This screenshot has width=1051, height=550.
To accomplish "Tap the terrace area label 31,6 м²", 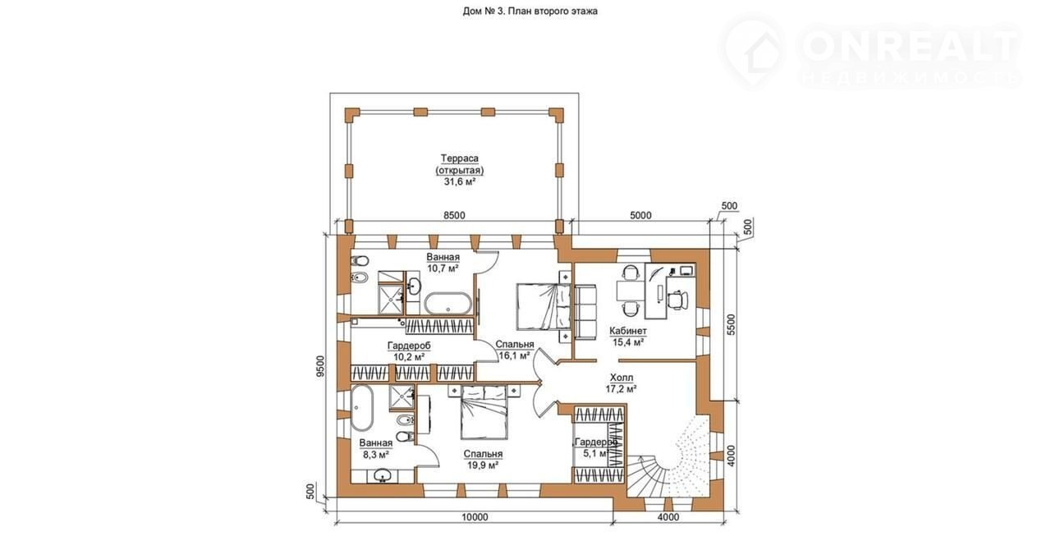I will (x=460, y=181).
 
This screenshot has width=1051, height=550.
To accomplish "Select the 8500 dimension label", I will (x=454, y=216).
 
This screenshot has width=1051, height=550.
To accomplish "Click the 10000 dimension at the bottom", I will (x=474, y=517).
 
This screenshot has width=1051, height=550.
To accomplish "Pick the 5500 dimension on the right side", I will (x=731, y=326).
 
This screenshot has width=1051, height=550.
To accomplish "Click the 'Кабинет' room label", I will (x=628, y=331).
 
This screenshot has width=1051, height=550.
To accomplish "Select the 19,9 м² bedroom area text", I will (x=482, y=465).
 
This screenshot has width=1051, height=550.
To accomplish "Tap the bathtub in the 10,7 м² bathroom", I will (x=448, y=303).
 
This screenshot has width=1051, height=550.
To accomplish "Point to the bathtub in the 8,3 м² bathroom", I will (x=362, y=408).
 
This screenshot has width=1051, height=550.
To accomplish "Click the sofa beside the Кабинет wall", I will (x=585, y=310).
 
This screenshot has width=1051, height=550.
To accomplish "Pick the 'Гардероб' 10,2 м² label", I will (x=409, y=351).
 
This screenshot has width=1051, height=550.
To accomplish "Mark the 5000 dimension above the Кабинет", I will (x=640, y=216).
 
